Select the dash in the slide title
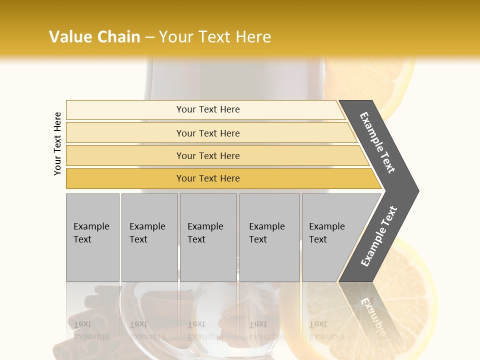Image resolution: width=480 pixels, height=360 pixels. [x=149, y=37]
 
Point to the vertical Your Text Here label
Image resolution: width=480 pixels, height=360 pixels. [x=57, y=143]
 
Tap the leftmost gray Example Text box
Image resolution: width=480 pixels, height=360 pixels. [x=92, y=237]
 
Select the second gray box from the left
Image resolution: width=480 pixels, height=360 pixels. [x=149, y=237]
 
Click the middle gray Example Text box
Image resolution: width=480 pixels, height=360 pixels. [x=208, y=237]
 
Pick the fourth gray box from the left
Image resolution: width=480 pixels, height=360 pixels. [x=269, y=237]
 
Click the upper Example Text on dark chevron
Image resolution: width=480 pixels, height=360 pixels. [x=378, y=142]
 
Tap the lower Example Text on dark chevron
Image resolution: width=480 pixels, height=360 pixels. [x=379, y=236]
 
